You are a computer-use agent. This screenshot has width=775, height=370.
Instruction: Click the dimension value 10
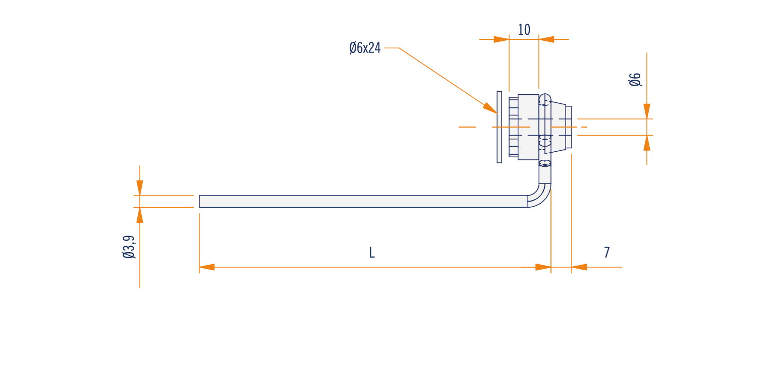point(524,30)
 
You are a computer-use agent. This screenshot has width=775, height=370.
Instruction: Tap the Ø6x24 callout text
point(365,48)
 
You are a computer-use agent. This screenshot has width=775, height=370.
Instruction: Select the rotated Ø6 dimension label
point(635,80)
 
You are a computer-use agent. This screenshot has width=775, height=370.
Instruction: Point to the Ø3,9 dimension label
point(129,247)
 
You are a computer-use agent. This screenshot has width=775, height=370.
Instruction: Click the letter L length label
point(372,253)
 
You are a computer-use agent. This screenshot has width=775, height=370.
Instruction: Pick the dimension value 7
point(607,253)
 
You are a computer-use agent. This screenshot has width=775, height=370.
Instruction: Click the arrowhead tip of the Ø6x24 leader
point(497,113)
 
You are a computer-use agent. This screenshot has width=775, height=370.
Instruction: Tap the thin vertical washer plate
point(499,127)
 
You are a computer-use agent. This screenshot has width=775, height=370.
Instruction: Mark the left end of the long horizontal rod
point(199,201)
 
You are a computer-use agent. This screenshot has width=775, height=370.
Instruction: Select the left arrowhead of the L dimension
point(207,267)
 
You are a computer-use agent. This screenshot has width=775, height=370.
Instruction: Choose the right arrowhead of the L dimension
point(543,267)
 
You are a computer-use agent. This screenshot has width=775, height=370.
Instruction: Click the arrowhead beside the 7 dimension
point(579,267)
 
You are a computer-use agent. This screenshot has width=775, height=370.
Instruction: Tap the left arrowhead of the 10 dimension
point(502,39)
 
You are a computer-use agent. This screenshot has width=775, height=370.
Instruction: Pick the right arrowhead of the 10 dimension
point(546,39)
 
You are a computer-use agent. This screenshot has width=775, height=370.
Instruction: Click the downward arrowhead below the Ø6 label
point(647,111)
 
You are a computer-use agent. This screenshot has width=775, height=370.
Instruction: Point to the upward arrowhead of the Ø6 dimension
point(647,143)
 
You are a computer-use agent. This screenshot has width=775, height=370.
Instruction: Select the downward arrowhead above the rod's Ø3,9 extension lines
point(140,188)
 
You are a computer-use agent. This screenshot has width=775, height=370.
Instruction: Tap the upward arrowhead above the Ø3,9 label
point(140,215)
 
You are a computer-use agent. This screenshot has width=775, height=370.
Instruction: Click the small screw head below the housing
point(545,163)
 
